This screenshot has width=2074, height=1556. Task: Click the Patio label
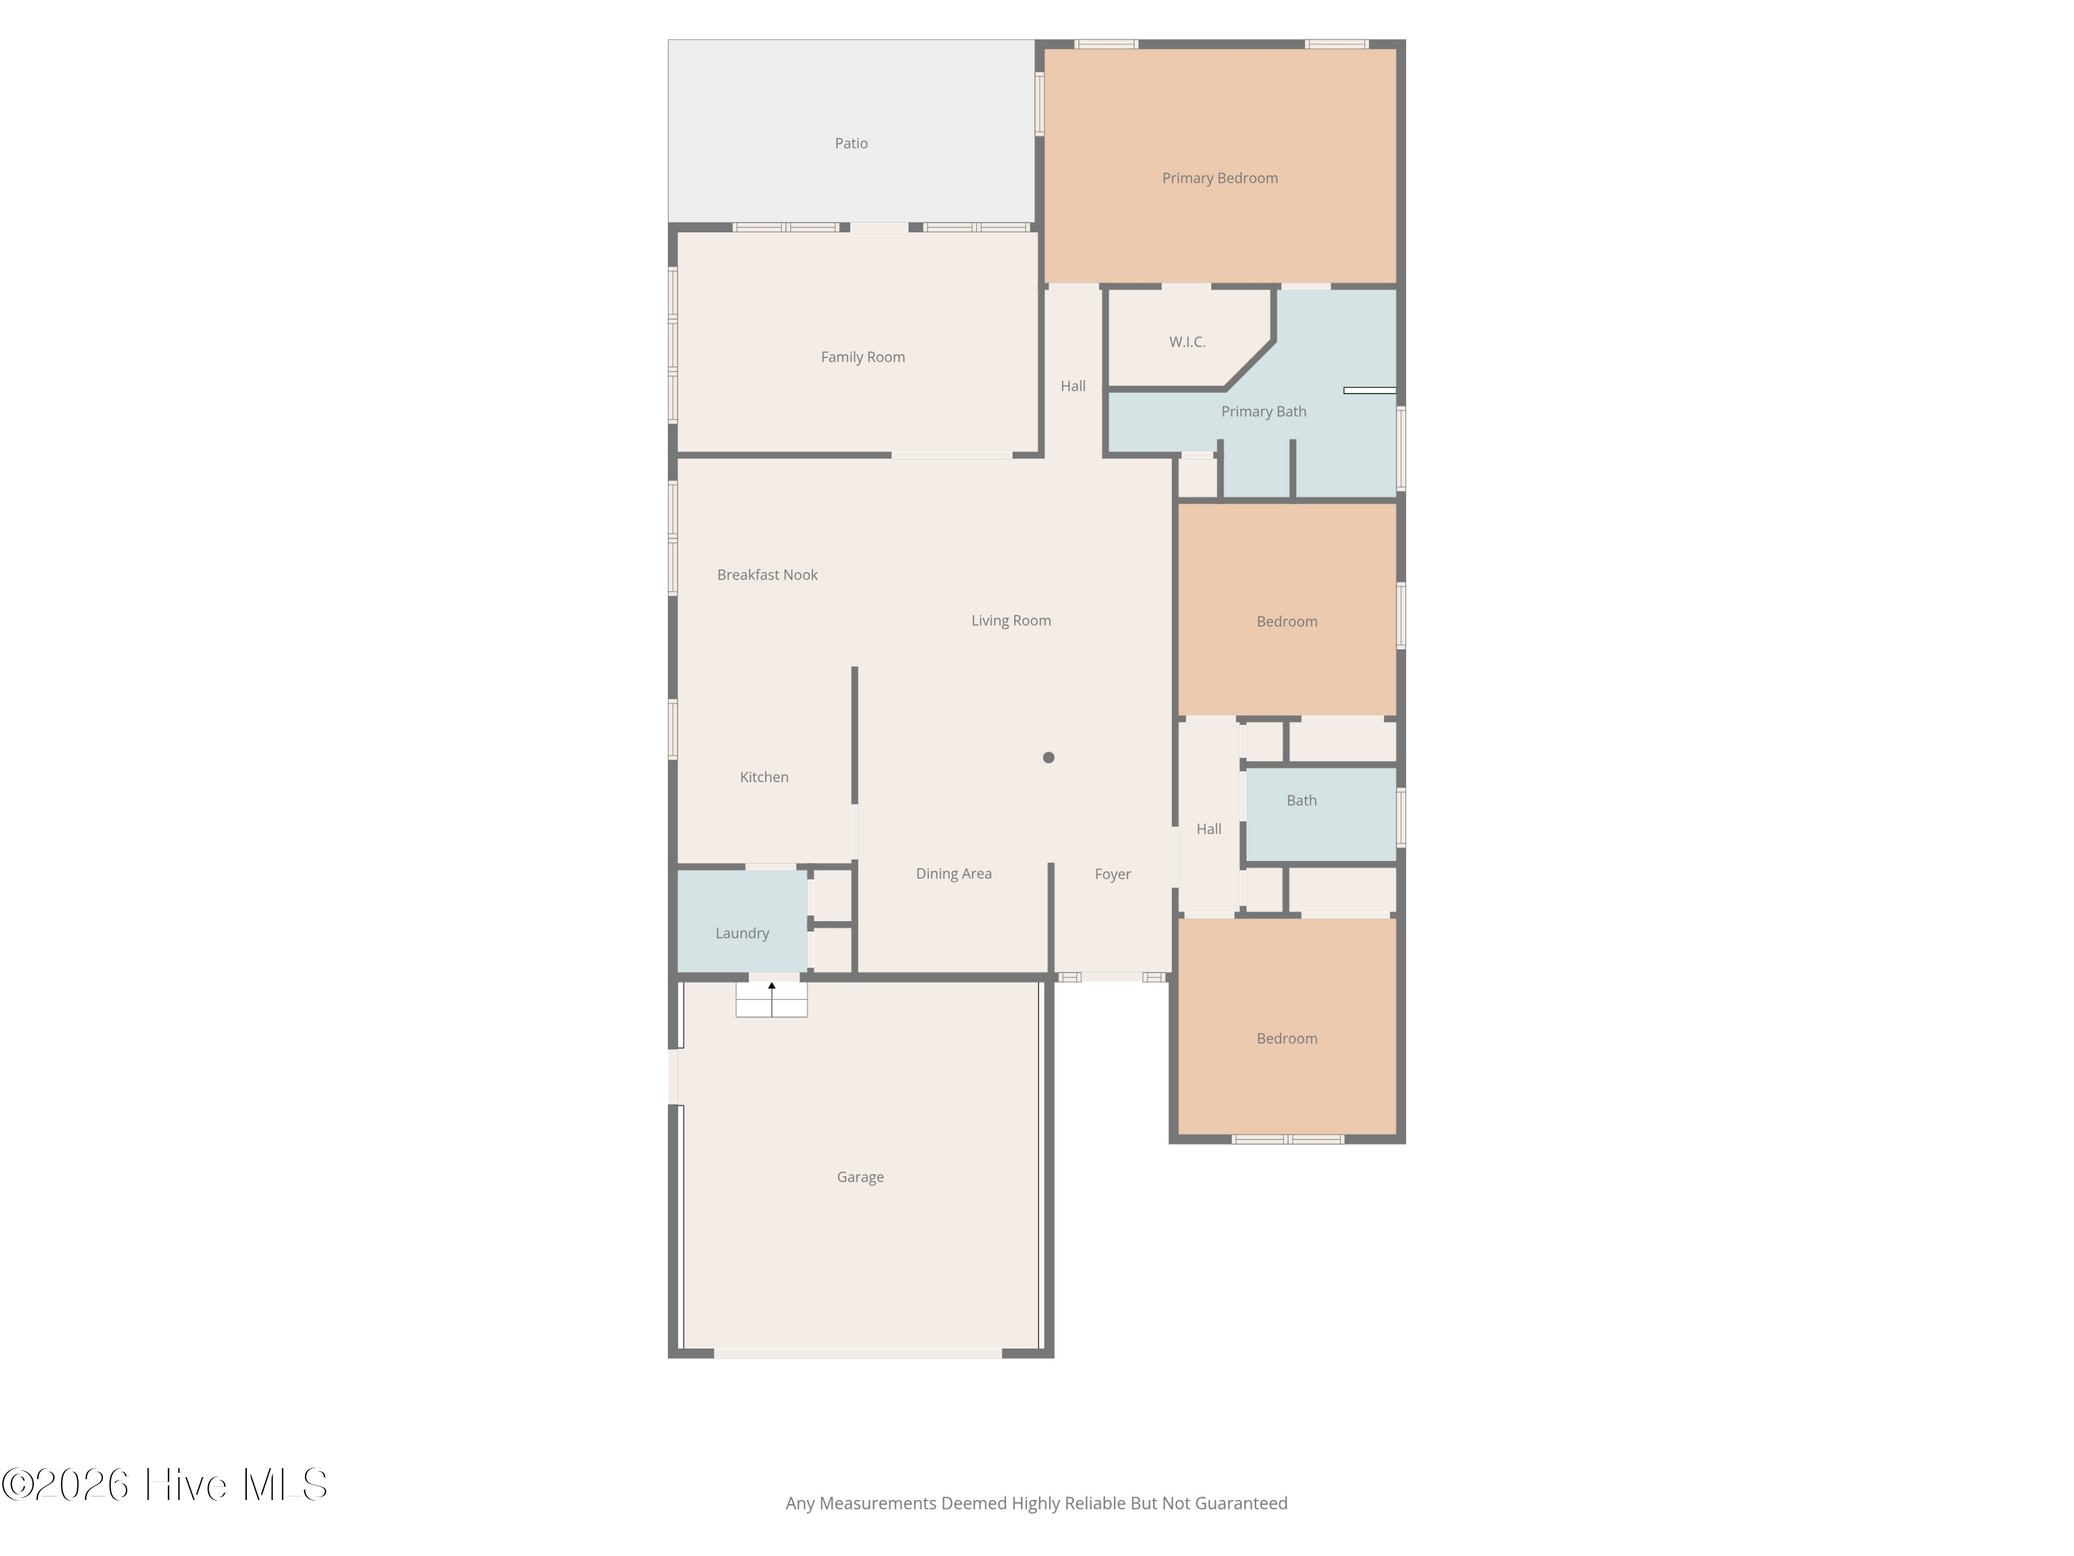tap(851, 144)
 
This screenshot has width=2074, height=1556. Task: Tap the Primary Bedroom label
tap(1220, 178)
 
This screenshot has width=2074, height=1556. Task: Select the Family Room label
tap(863, 358)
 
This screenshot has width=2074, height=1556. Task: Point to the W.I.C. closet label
tap(1187, 342)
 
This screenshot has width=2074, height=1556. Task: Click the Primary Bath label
tap(1263, 411)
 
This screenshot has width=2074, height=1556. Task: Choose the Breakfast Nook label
tap(767, 575)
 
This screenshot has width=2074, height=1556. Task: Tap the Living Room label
tap(1011, 621)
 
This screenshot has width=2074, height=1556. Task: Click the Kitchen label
tap(764, 777)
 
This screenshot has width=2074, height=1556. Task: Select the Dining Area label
tap(953, 874)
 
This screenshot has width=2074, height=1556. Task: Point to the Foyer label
tap(1113, 874)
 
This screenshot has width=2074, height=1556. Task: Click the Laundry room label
tap(742, 933)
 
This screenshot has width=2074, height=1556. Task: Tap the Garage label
tap(860, 1177)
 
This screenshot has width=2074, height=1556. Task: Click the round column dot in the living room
tap(1048, 758)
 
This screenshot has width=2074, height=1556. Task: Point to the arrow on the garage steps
tap(772, 998)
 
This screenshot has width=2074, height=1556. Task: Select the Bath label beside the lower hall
tap(1301, 801)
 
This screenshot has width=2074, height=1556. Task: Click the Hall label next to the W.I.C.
tap(1073, 387)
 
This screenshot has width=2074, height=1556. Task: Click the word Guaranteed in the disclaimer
tap(1242, 1503)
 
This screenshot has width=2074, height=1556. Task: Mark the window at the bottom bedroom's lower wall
tap(1287, 1140)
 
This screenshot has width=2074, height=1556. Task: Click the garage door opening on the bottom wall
tap(858, 1353)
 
